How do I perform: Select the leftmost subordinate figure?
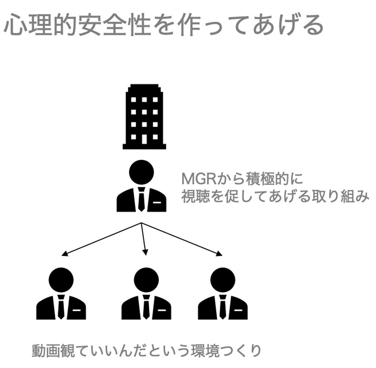tap(61, 294)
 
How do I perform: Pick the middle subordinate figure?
tap(146, 294)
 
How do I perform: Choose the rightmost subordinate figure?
tap(223, 294)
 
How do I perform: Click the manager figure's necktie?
tap(141, 200)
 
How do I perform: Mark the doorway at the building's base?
tap(144, 139)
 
